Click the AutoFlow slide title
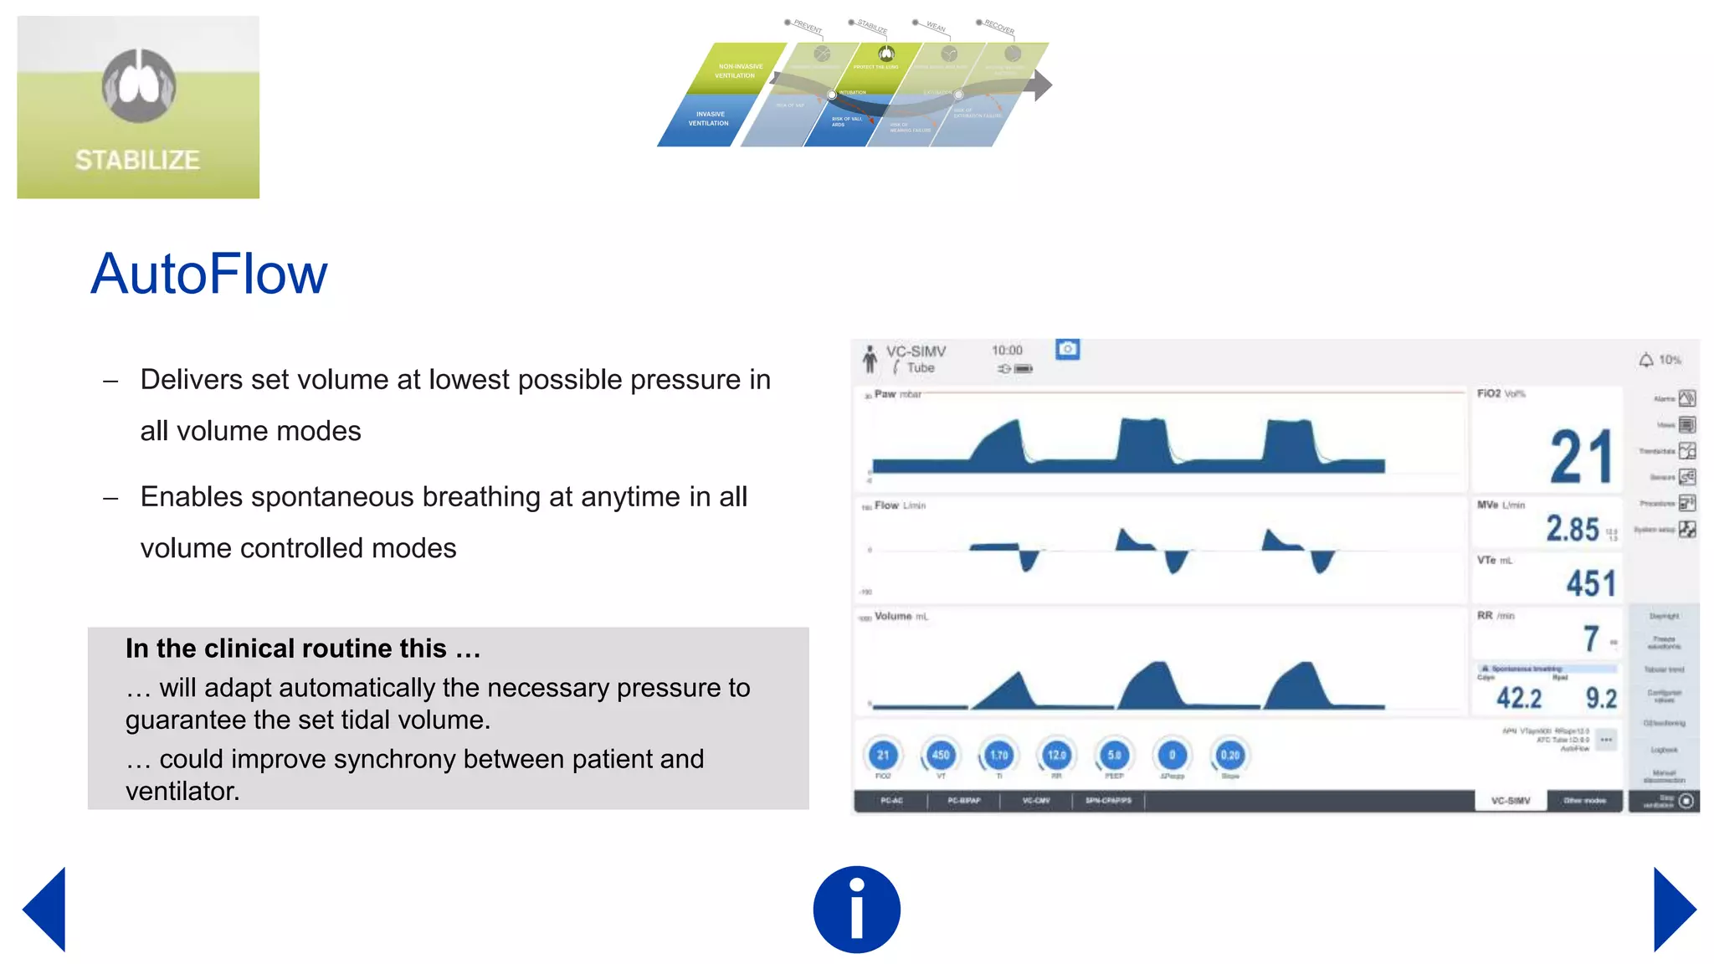click(208, 274)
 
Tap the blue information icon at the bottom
click(856, 909)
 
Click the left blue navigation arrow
click(47, 910)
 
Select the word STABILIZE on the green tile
click(137, 160)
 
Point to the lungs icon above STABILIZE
click(139, 85)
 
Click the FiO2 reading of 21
click(1580, 457)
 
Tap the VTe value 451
click(1590, 583)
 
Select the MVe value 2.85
click(1572, 529)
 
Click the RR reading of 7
click(1591, 639)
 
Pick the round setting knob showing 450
click(941, 755)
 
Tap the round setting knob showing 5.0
click(1114, 755)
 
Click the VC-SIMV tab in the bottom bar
click(1510, 801)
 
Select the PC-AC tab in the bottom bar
click(891, 801)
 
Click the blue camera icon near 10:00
click(1067, 349)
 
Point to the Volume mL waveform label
click(901, 617)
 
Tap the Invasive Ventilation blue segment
click(707, 119)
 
